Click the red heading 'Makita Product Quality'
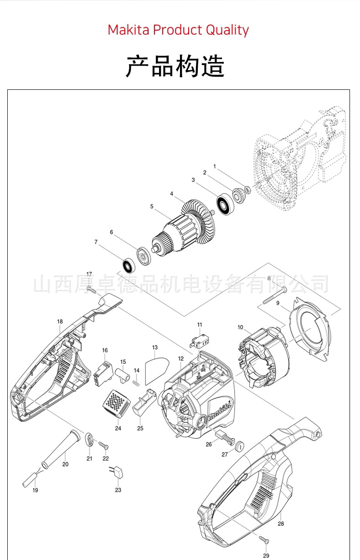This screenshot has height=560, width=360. pos(178,30)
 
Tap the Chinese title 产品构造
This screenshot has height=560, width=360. pos(175,67)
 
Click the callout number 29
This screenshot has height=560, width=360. pos(266,555)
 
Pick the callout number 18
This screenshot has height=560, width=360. pos(60,321)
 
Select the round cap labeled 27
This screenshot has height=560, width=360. pos(239,445)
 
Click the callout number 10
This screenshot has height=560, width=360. pos(240,327)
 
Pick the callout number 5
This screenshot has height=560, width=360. pos(152,206)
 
